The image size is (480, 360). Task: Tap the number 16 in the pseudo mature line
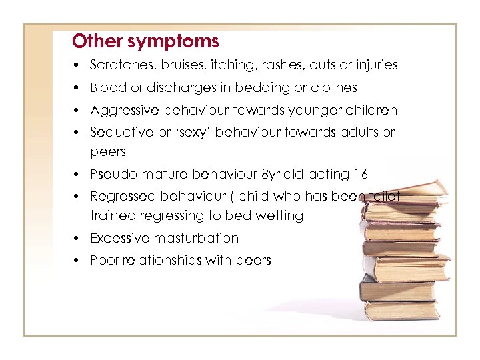[361, 175]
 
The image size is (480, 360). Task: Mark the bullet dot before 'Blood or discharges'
[78, 88]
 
